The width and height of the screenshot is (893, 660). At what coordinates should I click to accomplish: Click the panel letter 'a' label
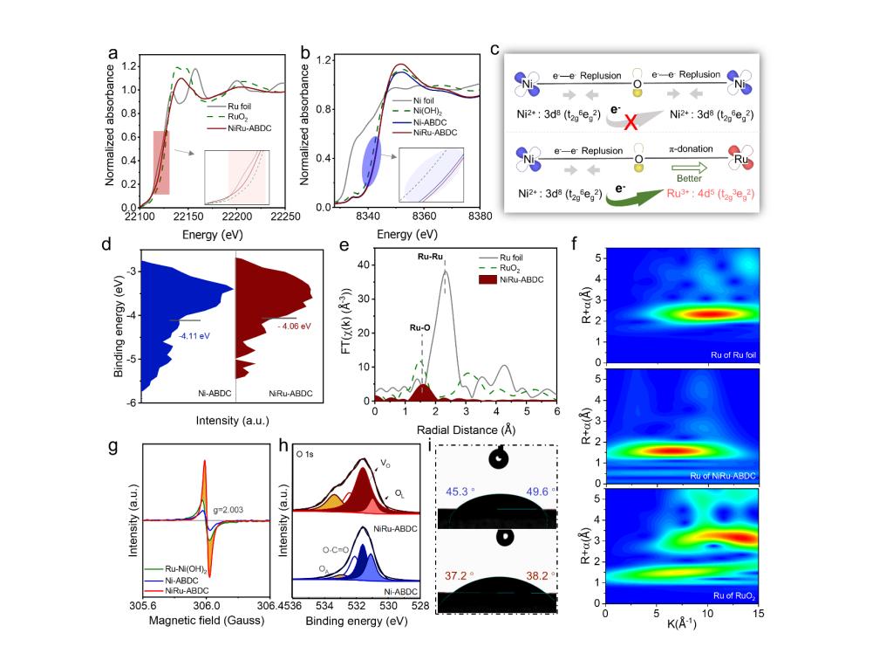pos(112,52)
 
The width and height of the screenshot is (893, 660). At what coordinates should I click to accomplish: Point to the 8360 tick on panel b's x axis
pos(425,219)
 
